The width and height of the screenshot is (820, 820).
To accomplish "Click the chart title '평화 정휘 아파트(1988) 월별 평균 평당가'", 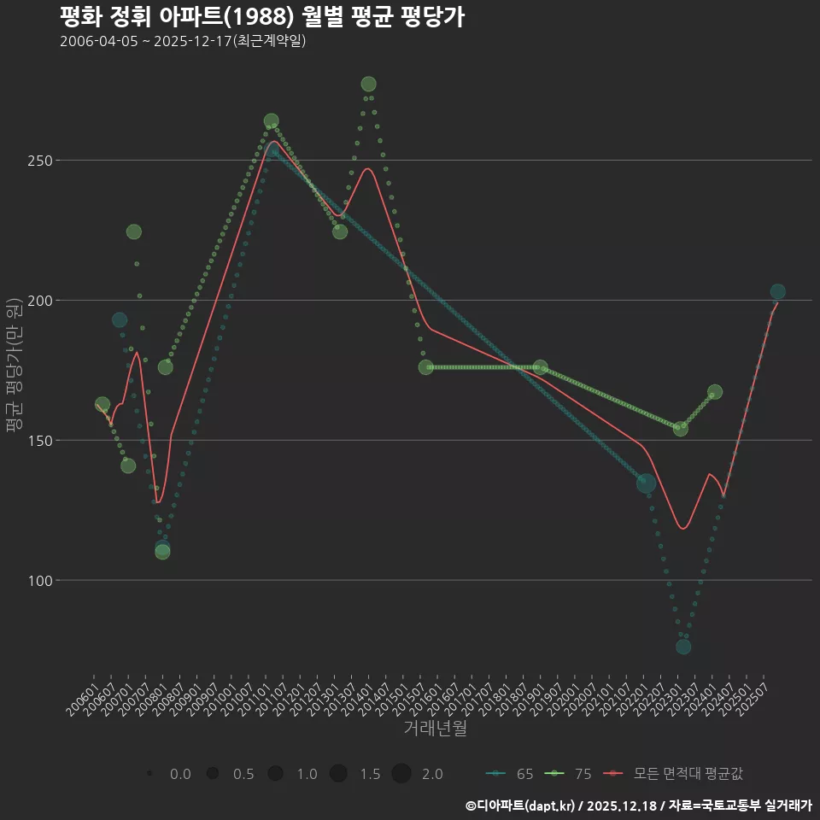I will [262, 17].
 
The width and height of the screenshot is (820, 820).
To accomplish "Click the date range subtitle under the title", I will [183, 41].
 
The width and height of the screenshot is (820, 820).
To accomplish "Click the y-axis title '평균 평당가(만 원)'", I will [14, 367].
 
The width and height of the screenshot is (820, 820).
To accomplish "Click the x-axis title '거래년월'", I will [435, 729].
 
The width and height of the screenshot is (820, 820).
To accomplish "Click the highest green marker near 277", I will [368, 84].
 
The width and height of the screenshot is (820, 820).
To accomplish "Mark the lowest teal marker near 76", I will [683, 647].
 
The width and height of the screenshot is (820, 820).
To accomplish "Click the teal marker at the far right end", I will [777, 292].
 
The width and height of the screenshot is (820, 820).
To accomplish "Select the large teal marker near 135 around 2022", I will [647, 483].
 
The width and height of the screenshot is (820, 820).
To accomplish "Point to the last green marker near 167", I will [715, 392].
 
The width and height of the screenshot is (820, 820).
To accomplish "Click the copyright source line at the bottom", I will [638, 805].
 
